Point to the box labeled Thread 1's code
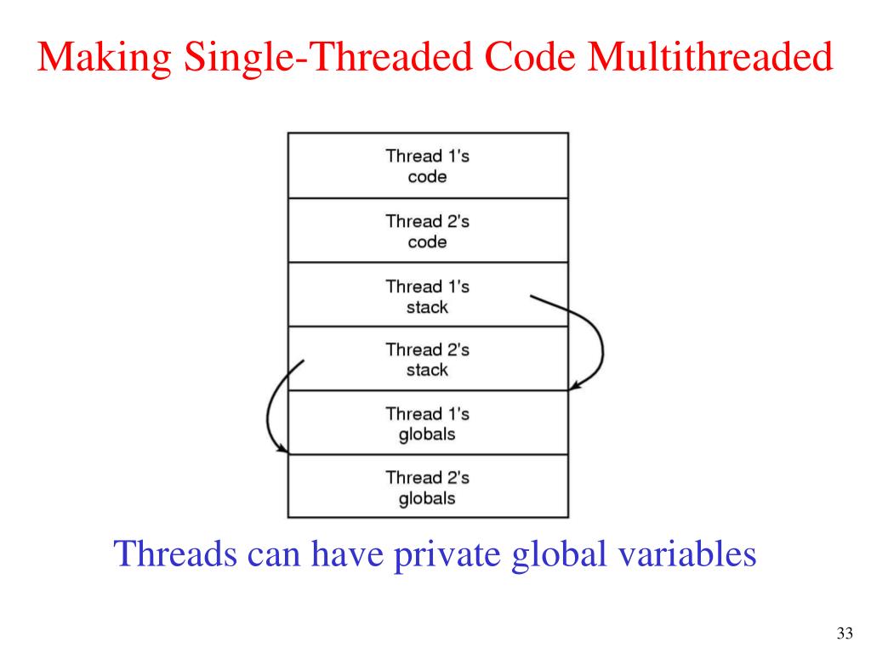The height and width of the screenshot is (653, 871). [427, 167]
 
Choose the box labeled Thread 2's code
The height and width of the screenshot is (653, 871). [427, 231]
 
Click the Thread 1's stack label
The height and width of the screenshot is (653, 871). [427, 296]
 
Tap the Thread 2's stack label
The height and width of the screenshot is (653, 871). [427, 360]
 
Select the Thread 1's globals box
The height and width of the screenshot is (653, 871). [427, 423]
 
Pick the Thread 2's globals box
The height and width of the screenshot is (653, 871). [427, 487]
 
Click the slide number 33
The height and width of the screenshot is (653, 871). [844, 633]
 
